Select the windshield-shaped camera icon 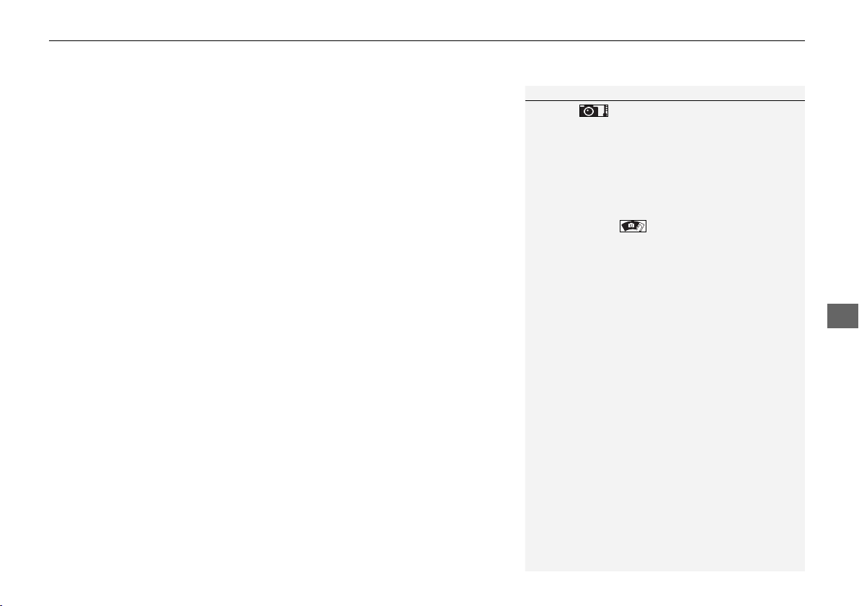coord(633,227)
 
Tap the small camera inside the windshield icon coord(631,226)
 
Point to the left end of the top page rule coord(50,41)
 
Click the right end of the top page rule coord(804,41)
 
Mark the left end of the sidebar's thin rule coord(525,100)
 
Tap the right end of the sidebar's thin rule coord(804,100)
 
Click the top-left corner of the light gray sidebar coord(525,86)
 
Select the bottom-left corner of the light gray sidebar coord(525,571)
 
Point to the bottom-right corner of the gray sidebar coord(804,571)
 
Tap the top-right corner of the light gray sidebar coord(804,86)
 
